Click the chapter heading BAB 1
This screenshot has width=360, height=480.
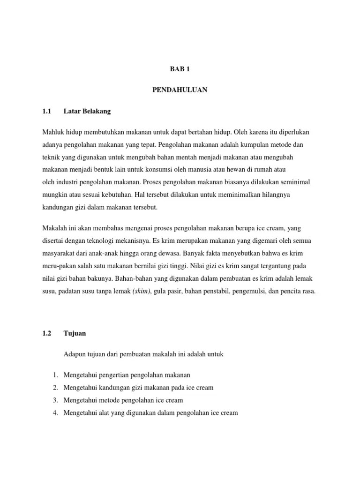[x=180, y=69]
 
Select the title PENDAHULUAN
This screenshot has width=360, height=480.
[x=180, y=90]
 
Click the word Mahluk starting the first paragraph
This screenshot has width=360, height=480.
[x=53, y=133]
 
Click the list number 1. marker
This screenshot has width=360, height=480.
[x=55, y=375]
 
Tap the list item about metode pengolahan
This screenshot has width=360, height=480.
[x=123, y=400]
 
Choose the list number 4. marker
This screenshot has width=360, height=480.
[x=55, y=413]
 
